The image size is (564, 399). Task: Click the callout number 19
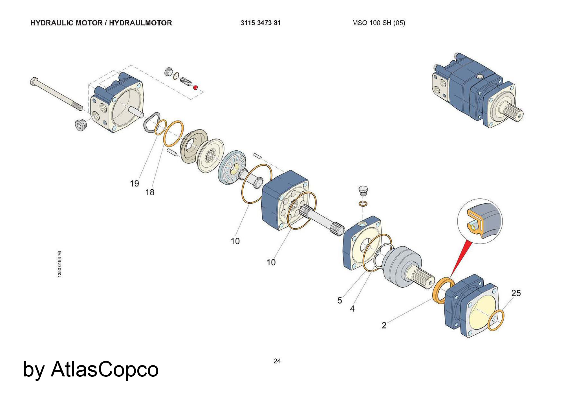(135, 184)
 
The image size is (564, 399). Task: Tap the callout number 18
(150, 192)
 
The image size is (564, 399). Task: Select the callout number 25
(516, 293)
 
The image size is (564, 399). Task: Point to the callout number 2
(384, 325)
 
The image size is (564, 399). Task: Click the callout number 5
(340, 301)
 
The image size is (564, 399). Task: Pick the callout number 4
(352, 309)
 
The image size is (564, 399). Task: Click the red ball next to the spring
(195, 87)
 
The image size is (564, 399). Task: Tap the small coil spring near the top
(186, 81)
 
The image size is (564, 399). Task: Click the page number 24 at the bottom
(277, 361)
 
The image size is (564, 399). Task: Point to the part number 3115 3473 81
(261, 23)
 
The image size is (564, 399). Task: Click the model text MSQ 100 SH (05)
(378, 23)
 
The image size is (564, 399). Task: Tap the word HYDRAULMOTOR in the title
(140, 23)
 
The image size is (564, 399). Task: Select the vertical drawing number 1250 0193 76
(60, 264)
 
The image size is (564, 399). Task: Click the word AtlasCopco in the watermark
(105, 369)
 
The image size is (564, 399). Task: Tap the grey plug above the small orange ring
(363, 190)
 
